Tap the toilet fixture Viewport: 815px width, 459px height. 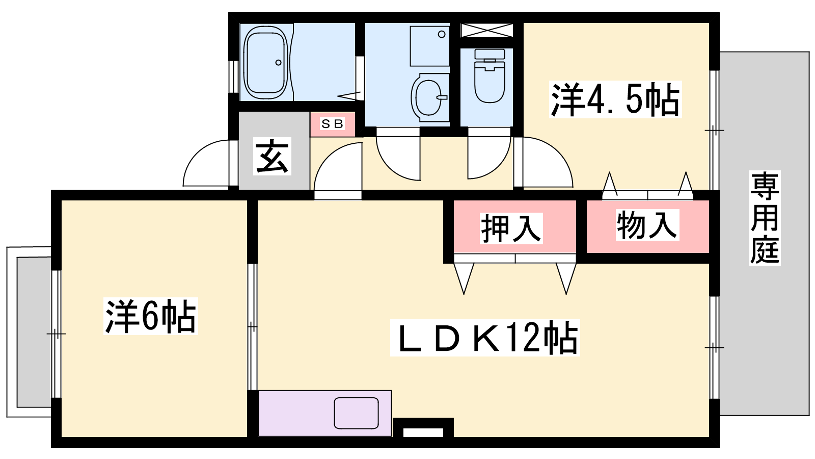pos(490,76)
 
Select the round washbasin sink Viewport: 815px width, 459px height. pos(429,97)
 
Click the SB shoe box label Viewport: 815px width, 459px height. pos(332,124)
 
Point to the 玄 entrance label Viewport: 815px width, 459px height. pos(272,156)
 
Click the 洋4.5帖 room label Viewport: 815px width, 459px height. pos(615,99)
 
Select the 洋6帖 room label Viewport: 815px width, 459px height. pos(151,316)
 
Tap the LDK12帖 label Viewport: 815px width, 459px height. pos(484,338)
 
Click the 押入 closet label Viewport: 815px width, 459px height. pos(511,228)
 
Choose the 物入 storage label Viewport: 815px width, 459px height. pos(647,225)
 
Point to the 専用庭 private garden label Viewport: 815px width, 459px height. pos(765,218)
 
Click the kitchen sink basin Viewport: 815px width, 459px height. pos(356,413)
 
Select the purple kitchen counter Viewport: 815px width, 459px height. pos(325,414)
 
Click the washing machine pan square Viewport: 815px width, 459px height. pos(430,45)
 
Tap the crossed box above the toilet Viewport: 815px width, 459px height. pos(487,30)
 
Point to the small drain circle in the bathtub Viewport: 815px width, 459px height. pos(278,62)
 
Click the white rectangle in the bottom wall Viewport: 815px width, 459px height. pos(423,432)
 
